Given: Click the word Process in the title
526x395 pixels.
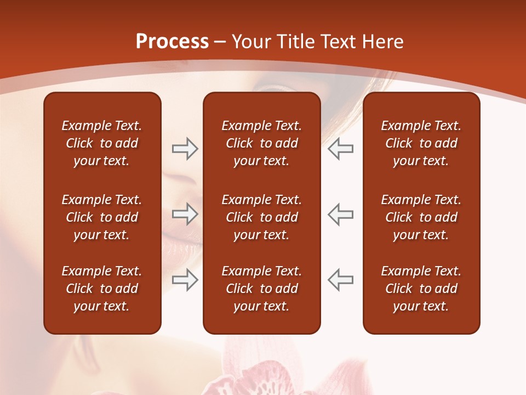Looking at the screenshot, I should pyautogui.click(x=172, y=42).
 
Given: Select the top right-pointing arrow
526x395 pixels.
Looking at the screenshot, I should pyautogui.click(x=185, y=149).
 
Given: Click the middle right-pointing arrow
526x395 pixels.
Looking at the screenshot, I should pyautogui.click(x=185, y=214).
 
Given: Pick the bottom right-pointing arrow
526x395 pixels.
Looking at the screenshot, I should pyautogui.click(x=185, y=280).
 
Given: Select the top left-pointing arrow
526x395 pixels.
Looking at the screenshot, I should pyautogui.click(x=340, y=149).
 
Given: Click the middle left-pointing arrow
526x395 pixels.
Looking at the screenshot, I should pyautogui.click(x=340, y=214).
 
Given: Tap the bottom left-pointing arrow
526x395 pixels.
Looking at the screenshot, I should pyautogui.click(x=340, y=280).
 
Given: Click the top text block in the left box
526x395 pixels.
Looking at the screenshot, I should pyautogui.click(x=102, y=143).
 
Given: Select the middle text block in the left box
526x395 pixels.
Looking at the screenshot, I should pyautogui.click(x=102, y=217).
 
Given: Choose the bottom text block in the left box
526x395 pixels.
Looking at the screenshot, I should pyautogui.click(x=102, y=289).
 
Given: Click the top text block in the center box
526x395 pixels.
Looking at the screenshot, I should pyautogui.click(x=261, y=143).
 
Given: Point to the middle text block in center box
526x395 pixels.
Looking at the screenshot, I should pyautogui.click(x=261, y=217).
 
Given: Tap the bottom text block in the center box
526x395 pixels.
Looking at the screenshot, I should pyautogui.click(x=261, y=289).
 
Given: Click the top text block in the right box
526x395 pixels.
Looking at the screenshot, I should pyautogui.click(x=421, y=143).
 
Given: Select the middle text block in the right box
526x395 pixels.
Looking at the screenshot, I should pyautogui.click(x=421, y=217).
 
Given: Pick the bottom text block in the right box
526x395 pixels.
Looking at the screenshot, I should pyautogui.click(x=421, y=289).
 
